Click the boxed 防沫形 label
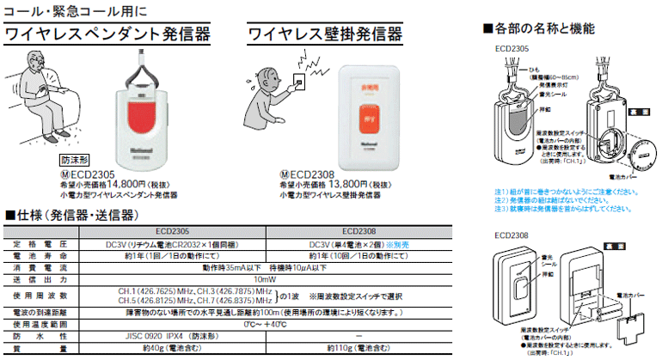[77, 159]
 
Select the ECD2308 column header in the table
[360, 230]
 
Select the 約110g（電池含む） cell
[360, 351]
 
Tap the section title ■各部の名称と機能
[538, 28]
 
